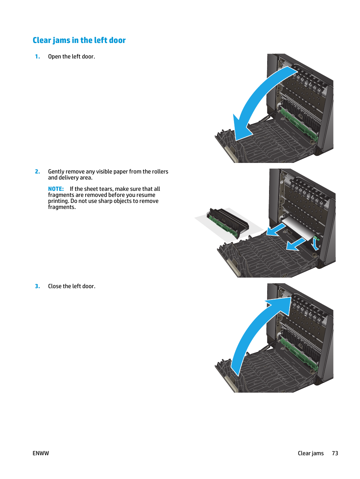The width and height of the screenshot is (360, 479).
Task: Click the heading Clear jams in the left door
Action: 79,40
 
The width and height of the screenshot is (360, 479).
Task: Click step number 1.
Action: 37,57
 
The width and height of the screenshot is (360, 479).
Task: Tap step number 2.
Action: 37,172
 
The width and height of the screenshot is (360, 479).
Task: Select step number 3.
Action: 37,286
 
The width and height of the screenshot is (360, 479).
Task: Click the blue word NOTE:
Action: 56,189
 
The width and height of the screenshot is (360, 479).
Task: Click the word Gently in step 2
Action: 56,172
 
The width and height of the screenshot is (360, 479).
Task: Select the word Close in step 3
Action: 55,286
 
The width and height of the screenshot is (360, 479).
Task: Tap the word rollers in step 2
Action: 160,172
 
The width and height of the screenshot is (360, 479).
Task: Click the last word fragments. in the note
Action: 62,207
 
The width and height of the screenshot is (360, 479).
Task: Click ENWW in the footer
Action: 41,453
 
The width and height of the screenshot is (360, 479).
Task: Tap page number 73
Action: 335,453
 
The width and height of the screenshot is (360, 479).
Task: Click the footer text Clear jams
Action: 311,453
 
